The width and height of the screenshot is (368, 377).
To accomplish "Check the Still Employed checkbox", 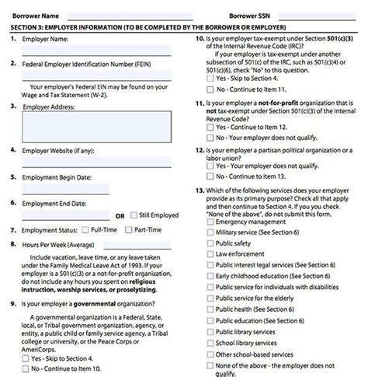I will click(x=134, y=215).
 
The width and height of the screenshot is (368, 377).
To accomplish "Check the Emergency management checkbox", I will click(x=210, y=222).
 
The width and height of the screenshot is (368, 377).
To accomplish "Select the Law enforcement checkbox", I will click(x=210, y=254).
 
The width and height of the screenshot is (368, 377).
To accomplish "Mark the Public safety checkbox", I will click(x=210, y=243).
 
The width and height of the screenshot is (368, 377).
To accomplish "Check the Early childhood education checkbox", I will click(x=210, y=276).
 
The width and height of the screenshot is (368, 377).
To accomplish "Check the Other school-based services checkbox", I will click(x=210, y=354).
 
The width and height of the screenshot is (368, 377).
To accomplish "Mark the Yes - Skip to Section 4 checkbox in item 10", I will click(x=210, y=79).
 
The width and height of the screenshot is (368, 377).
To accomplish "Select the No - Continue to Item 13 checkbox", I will click(x=210, y=176).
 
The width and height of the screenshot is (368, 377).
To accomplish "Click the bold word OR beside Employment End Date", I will click(x=120, y=215).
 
